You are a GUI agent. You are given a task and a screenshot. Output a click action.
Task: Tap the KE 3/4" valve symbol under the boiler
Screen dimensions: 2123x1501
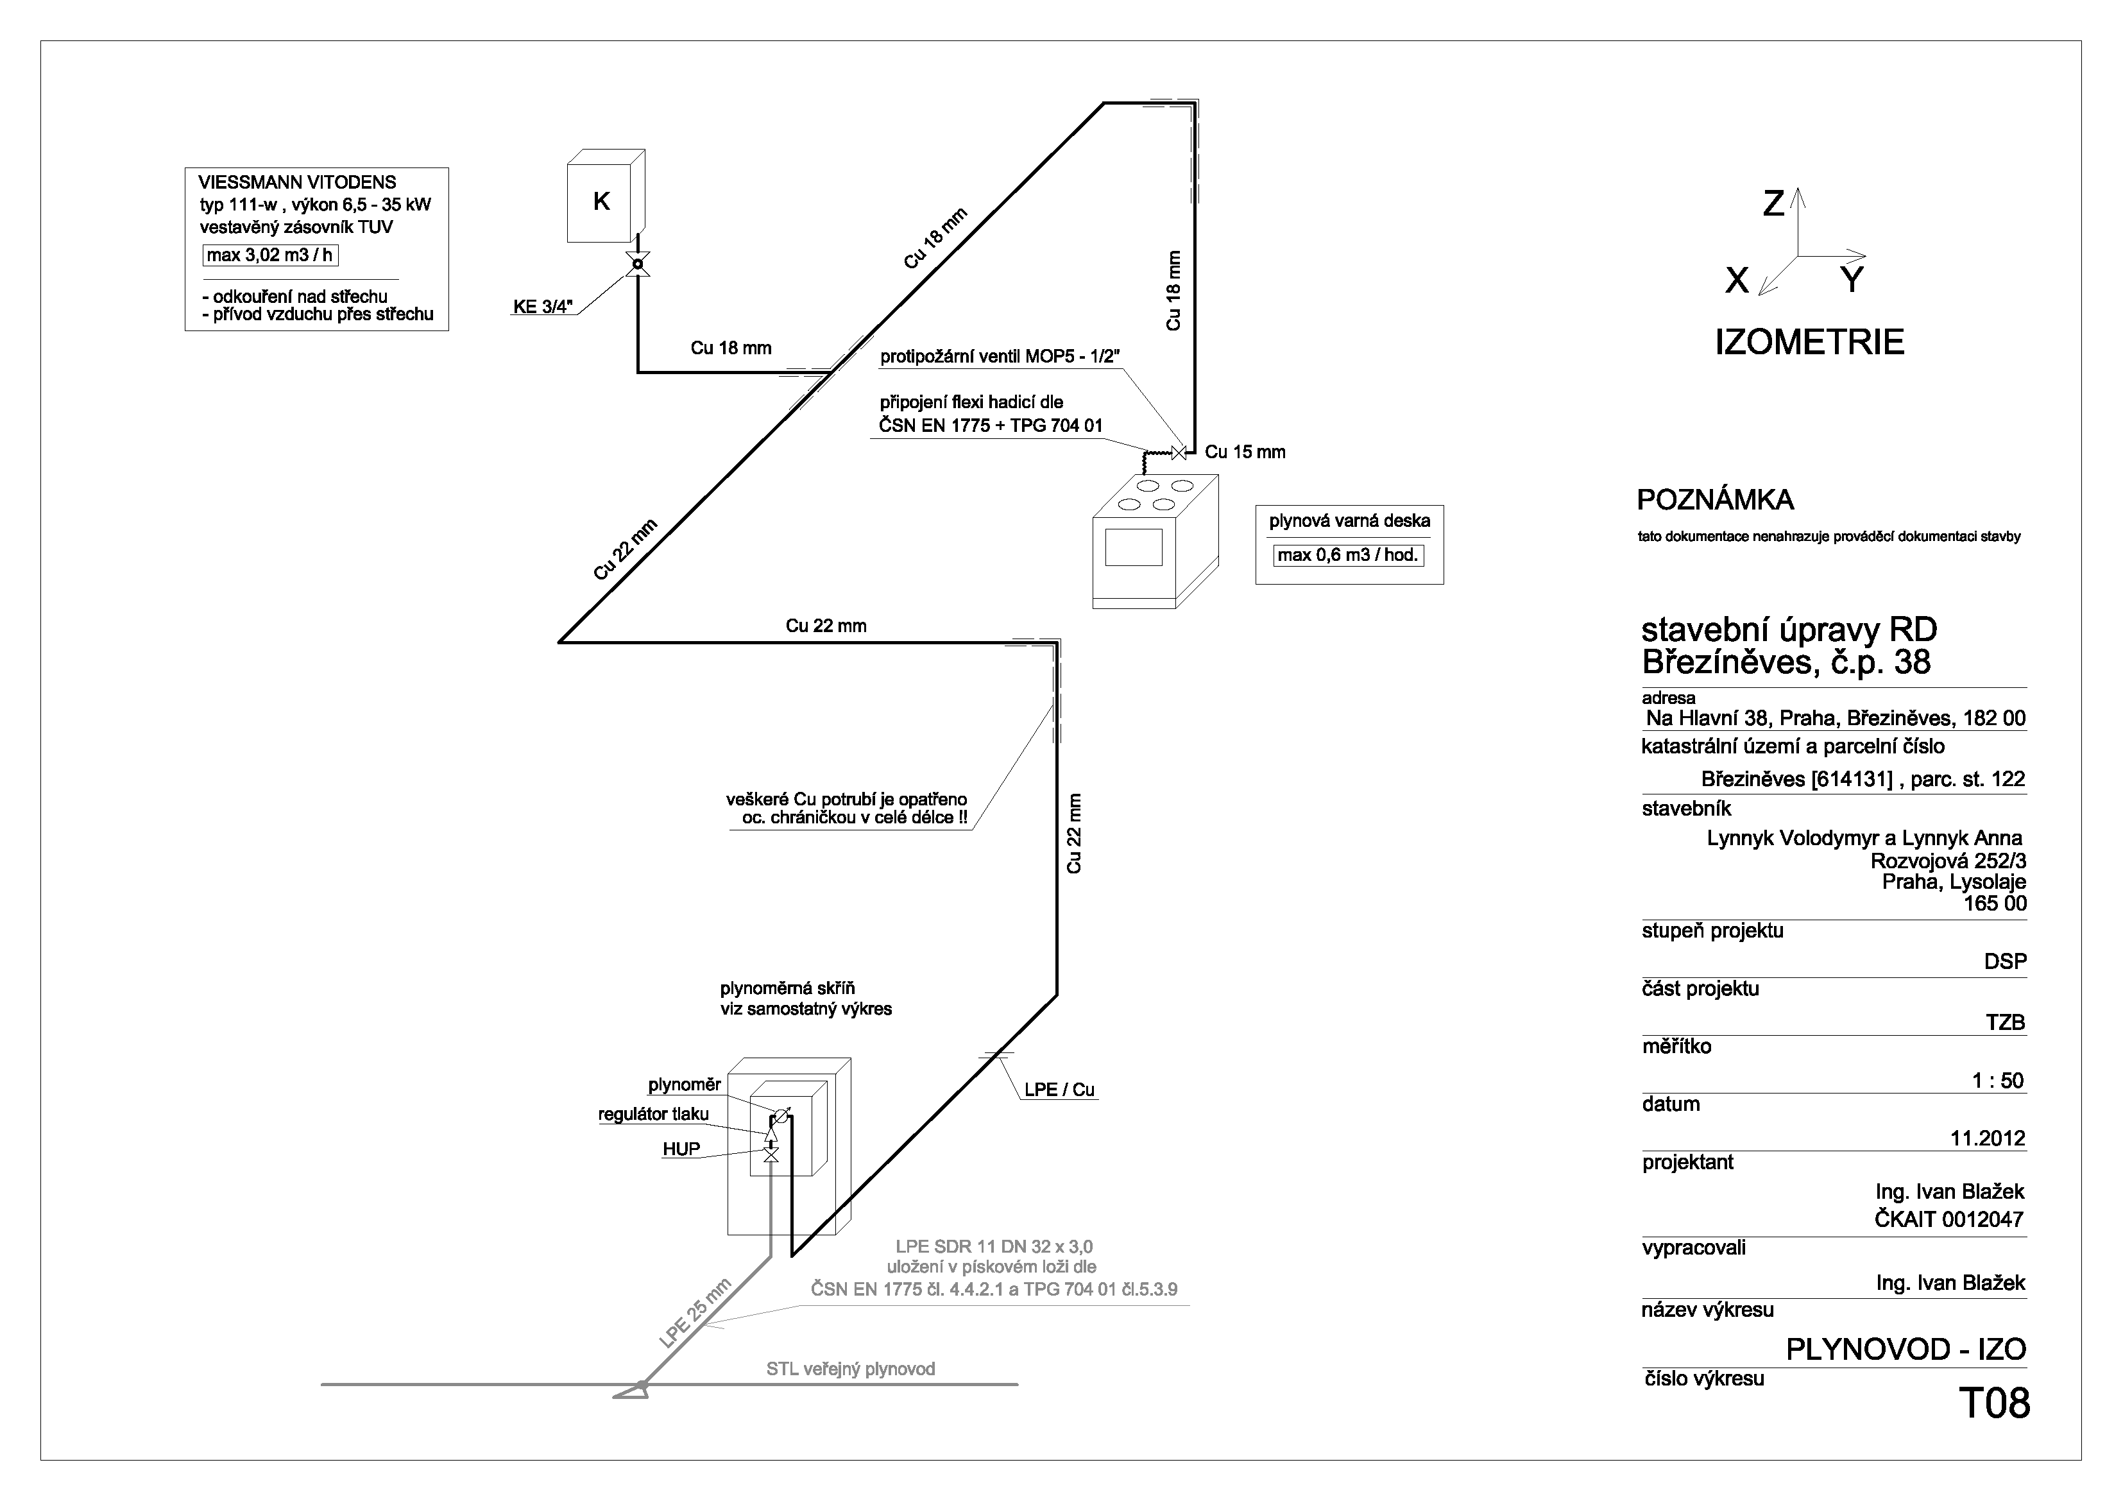[637, 264]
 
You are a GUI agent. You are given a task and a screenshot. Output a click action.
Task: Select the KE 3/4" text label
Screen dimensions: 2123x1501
[543, 306]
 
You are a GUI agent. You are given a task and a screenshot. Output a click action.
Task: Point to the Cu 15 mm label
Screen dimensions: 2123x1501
[1245, 452]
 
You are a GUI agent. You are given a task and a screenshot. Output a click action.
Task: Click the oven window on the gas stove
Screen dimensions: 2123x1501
[1134, 547]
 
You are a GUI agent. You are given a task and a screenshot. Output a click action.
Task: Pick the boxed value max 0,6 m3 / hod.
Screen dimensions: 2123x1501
[1348, 556]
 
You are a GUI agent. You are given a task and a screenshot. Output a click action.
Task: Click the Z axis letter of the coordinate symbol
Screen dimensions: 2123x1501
[1773, 203]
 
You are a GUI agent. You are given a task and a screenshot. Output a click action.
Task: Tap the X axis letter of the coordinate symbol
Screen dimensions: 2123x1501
[1737, 280]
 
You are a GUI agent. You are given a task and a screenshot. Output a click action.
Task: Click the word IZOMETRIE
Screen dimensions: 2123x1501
[1809, 342]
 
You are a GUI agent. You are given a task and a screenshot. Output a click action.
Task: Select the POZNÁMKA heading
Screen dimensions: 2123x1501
[1715, 501]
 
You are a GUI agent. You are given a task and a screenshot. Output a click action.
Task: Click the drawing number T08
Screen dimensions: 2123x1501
[1995, 1403]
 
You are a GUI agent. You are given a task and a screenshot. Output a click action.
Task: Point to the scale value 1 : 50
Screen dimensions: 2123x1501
[1998, 1080]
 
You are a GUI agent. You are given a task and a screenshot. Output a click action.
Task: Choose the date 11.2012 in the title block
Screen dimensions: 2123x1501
[1988, 1138]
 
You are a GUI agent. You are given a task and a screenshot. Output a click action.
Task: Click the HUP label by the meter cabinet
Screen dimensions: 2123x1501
[681, 1149]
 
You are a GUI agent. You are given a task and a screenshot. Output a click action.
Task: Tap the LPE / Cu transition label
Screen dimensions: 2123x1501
[1060, 1090]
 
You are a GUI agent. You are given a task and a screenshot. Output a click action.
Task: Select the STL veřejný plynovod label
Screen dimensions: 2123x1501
[851, 1369]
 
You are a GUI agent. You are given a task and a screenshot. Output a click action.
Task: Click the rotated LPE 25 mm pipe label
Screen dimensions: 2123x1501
[695, 1313]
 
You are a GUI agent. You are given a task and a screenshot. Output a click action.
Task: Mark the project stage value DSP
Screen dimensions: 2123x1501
[2005, 961]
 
